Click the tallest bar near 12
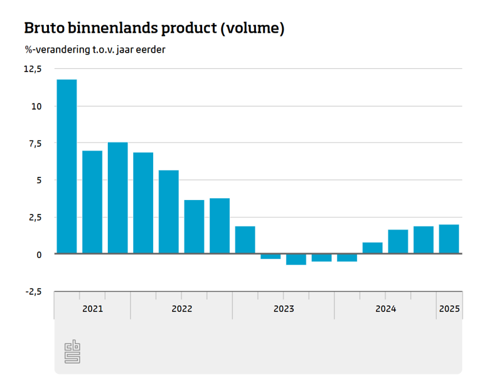(x=67, y=166)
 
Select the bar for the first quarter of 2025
(x=449, y=239)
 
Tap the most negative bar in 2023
(x=296, y=259)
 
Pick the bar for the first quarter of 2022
(x=143, y=203)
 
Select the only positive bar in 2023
(x=245, y=240)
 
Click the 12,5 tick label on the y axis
(x=32, y=69)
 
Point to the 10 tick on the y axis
(x=36, y=106)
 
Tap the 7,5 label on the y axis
(x=35, y=144)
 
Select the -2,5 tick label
(x=33, y=292)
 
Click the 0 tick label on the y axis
(x=39, y=255)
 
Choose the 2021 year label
(x=92, y=309)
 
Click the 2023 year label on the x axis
(x=283, y=309)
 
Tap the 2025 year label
(x=449, y=309)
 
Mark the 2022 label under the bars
(x=181, y=309)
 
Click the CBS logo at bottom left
(x=73, y=352)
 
